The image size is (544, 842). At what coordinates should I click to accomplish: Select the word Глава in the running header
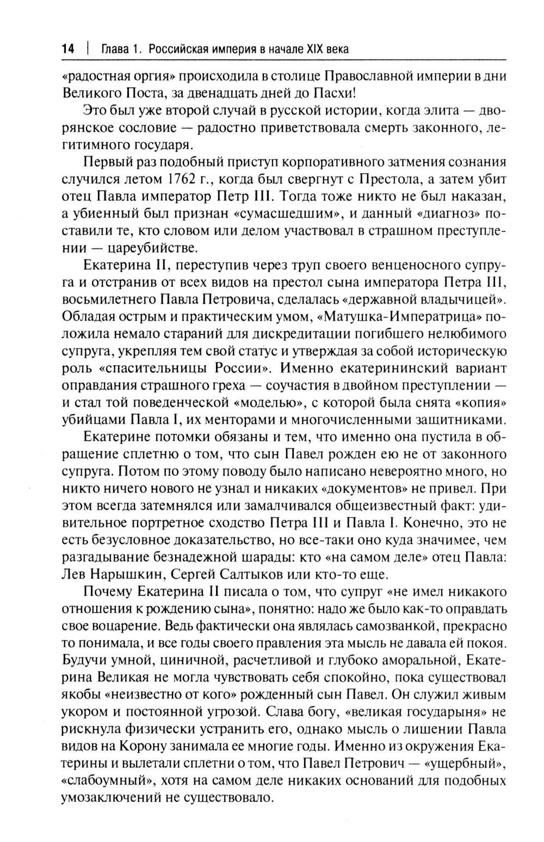click(115, 49)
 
